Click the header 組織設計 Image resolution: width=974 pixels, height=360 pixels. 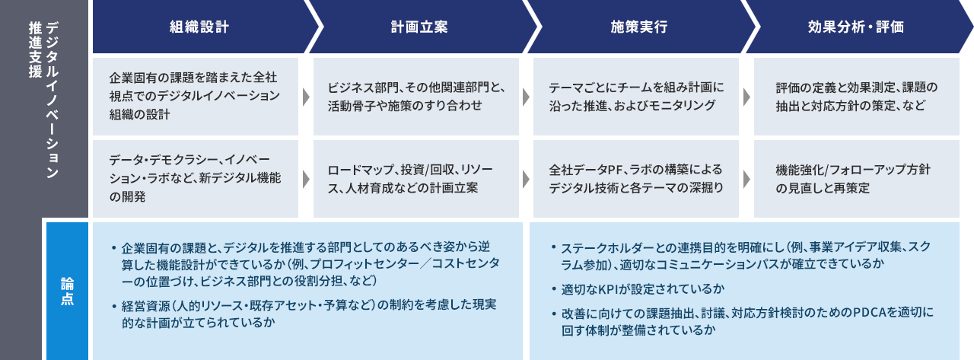tap(199, 27)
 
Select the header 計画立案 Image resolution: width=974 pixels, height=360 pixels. tap(419, 27)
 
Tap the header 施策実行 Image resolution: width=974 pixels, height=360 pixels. tap(638, 27)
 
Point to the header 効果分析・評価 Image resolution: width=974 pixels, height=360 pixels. tap(856, 27)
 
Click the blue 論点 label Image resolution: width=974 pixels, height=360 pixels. tap(67, 292)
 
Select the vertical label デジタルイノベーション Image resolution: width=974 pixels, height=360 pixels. tap(53, 100)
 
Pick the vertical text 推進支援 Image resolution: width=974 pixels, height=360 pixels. tap(35, 49)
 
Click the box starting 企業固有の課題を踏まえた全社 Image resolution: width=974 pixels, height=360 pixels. tap(196, 96)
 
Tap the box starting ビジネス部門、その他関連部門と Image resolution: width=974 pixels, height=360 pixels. tap(415, 96)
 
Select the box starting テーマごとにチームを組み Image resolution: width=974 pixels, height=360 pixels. tap(635, 96)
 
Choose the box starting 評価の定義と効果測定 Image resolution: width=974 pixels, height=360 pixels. tap(856, 96)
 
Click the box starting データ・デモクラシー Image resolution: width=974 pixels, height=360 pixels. tap(196, 178)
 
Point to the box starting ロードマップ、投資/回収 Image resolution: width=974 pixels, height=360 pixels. tap(415, 178)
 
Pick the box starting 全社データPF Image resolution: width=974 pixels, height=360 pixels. tap(635, 178)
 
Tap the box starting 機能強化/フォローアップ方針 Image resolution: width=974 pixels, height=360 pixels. tap(856, 178)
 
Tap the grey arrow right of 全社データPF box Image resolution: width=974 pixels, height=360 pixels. tap(746, 179)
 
